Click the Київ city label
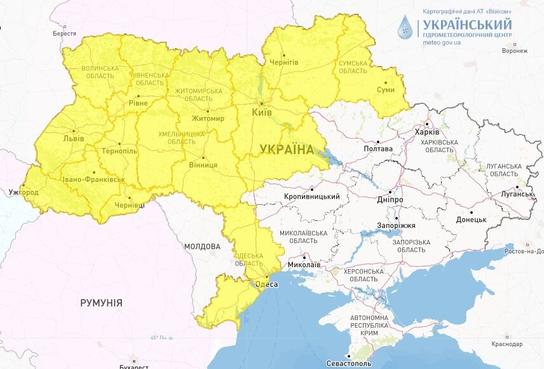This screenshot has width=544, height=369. [262, 112]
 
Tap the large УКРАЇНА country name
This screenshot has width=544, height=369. [286, 150]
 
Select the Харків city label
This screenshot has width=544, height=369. [426, 132]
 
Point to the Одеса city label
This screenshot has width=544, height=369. [267, 284]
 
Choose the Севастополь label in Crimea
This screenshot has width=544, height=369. [349, 363]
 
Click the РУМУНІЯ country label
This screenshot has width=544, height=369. [101, 303]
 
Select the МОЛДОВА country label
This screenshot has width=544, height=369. [202, 246]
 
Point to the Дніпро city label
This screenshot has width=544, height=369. [390, 199]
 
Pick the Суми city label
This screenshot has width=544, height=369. [385, 90]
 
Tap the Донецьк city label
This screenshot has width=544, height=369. [471, 219]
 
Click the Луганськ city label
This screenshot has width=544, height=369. [521, 194]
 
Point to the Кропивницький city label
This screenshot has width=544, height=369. [312, 197]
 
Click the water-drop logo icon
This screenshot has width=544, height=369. [404, 27]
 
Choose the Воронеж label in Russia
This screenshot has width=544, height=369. [514, 52]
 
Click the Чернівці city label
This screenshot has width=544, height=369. [129, 205]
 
